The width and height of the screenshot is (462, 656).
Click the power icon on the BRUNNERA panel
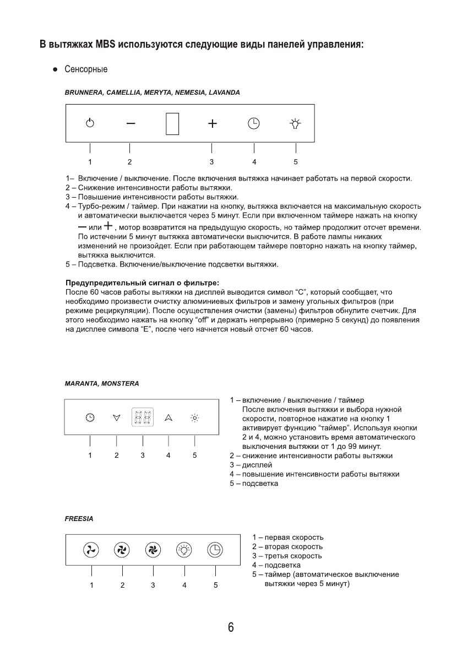pyautogui.click(x=90, y=123)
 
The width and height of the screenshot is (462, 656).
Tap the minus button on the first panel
pyautogui.click(x=130, y=123)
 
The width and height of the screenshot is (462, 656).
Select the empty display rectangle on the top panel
pyautogui.click(x=172, y=123)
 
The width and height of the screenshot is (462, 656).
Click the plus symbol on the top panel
pyautogui.click(x=212, y=123)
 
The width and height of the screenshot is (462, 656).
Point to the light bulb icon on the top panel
pyautogui.click(x=296, y=123)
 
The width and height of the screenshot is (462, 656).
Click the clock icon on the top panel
pyautogui.click(x=253, y=123)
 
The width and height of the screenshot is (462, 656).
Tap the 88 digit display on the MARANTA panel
pyautogui.click(x=143, y=418)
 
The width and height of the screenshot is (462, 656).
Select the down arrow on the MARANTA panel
pyautogui.click(x=116, y=418)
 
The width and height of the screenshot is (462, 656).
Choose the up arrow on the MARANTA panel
pyautogui.click(x=168, y=418)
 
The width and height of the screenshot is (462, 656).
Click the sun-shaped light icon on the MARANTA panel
pyautogui.click(x=194, y=418)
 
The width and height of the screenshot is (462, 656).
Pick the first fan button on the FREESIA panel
pyautogui.click(x=91, y=549)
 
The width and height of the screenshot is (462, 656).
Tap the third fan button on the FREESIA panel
pyautogui.click(x=153, y=549)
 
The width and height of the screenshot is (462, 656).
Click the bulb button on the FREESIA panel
pyautogui.click(x=184, y=549)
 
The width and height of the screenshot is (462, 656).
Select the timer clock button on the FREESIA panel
pyautogui.click(x=215, y=549)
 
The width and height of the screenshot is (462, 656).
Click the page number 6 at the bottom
pyautogui.click(x=231, y=627)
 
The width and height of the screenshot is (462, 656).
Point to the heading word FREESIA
pyautogui.click(x=79, y=519)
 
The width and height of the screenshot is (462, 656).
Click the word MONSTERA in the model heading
pyautogui.click(x=120, y=383)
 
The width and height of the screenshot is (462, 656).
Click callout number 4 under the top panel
pyautogui.click(x=254, y=162)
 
